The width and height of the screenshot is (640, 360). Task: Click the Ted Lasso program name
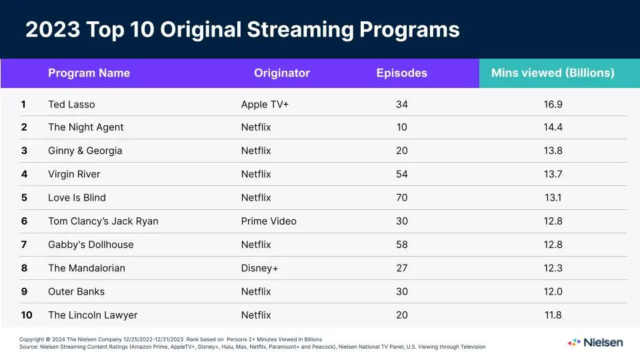click(x=71, y=104)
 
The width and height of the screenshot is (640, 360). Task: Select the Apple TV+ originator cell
click(x=265, y=104)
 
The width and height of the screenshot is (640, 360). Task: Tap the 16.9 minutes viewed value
click(x=553, y=104)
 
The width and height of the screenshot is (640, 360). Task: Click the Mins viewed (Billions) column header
click(x=553, y=73)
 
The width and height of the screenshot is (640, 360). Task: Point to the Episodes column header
click(x=401, y=73)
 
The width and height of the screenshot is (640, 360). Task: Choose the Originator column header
click(x=282, y=73)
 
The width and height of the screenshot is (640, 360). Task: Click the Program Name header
click(x=89, y=73)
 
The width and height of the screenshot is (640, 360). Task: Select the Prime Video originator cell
click(x=269, y=221)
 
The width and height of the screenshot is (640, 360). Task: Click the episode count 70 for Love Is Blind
click(x=401, y=197)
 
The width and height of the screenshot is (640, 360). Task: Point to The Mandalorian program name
click(x=87, y=268)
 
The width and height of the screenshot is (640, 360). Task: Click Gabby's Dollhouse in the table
click(x=91, y=245)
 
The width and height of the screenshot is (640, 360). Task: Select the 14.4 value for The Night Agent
click(x=553, y=127)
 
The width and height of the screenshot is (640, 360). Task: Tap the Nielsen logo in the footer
click(x=595, y=342)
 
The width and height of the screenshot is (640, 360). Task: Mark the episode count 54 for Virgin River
click(x=401, y=174)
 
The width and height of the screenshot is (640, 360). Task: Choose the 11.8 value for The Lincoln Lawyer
click(x=553, y=315)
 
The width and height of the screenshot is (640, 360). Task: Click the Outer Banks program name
click(x=76, y=291)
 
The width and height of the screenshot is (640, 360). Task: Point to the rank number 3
click(x=24, y=151)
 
